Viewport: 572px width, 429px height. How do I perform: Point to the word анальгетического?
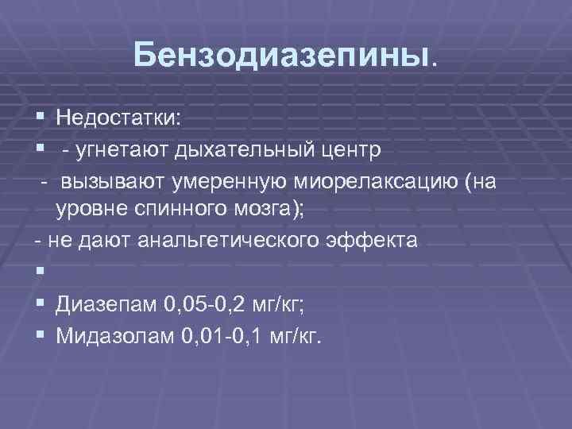(218, 241)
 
